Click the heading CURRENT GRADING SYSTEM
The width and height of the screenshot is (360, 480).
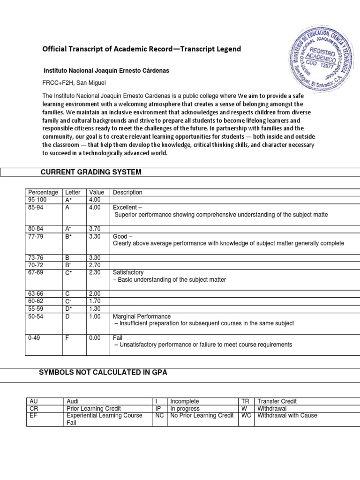(x=91, y=172)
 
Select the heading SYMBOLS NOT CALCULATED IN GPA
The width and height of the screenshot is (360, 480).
(x=103, y=372)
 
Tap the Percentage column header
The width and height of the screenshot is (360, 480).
(x=43, y=193)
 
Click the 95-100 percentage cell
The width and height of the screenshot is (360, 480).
(x=38, y=200)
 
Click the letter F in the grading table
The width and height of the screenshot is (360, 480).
(x=67, y=337)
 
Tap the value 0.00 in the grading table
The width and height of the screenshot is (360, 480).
(x=95, y=337)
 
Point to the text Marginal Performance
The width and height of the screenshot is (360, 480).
(x=142, y=316)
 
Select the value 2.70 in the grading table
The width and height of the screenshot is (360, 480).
(x=95, y=265)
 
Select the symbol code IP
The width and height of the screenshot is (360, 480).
(x=158, y=408)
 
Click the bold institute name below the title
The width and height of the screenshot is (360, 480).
(x=106, y=70)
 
